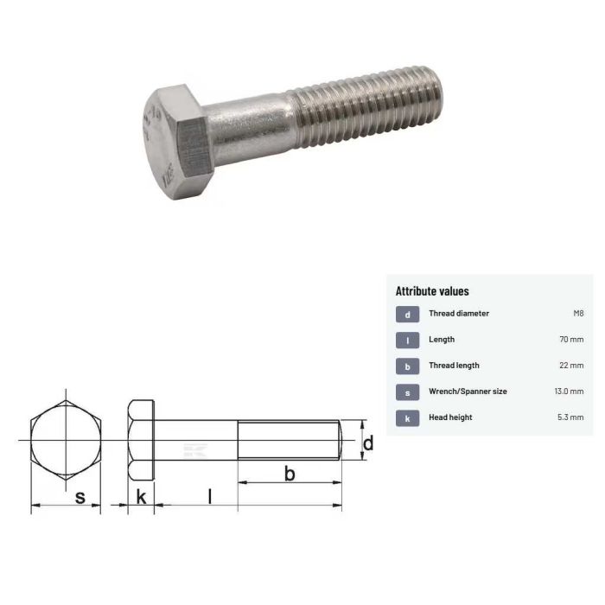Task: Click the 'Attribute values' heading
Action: point(432,291)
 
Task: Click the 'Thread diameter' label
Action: point(458,314)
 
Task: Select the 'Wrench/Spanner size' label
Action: point(468,392)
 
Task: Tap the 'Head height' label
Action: point(450,417)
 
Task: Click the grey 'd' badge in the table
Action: point(407,315)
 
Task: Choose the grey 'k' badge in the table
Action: point(407,418)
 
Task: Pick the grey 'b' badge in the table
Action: point(407,366)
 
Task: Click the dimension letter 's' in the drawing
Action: point(80,498)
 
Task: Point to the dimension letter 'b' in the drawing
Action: point(290,473)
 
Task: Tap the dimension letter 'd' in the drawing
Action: point(367,443)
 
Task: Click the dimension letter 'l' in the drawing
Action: point(207,495)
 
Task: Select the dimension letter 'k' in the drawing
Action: point(140,497)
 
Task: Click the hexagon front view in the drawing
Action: point(66,442)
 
